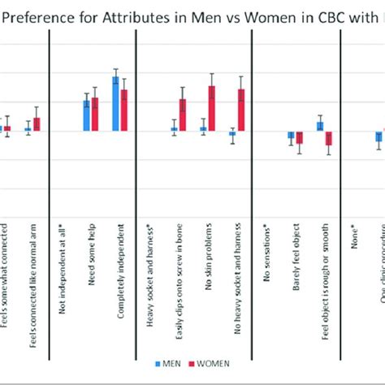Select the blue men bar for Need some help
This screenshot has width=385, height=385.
click(x=87, y=115)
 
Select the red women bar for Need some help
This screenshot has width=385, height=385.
click(x=95, y=114)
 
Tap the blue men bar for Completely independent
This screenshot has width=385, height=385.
click(x=115, y=103)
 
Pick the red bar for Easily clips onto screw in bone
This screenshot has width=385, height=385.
click(x=183, y=115)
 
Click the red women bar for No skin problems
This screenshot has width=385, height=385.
click(x=211, y=108)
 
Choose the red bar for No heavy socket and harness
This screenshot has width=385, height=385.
click(x=240, y=110)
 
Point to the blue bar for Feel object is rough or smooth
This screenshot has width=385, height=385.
click(x=320, y=126)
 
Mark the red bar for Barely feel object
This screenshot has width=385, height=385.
click(x=299, y=137)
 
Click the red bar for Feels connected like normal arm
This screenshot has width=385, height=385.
click(x=37, y=123)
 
